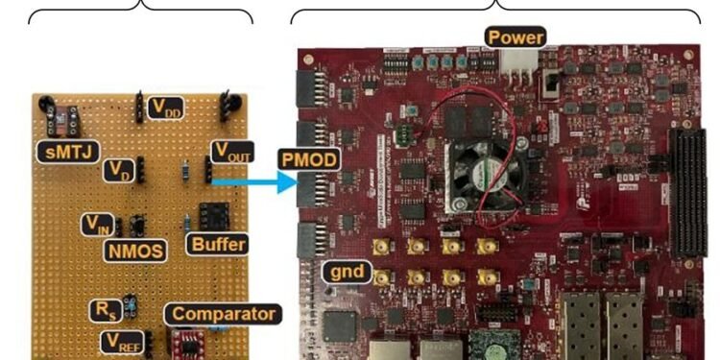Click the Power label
[516, 38]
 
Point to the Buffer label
[216, 244]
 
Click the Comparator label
[224, 314]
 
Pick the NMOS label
[132, 251]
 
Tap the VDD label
[164, 108]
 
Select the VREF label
[124, 341]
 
